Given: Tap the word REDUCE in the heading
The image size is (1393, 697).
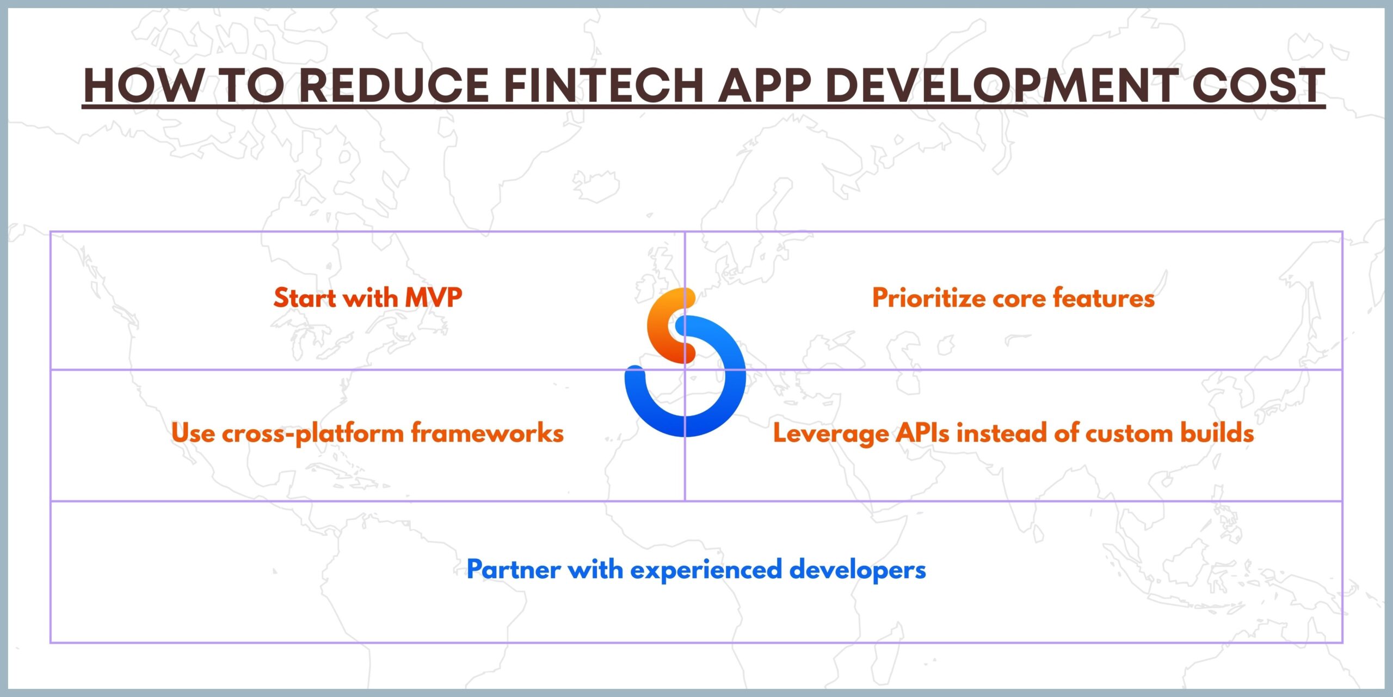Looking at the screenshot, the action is (x=395, y=85).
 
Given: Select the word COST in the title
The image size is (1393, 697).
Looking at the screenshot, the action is (x=1258, y=85).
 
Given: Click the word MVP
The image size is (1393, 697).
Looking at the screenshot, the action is (x=434, y=298).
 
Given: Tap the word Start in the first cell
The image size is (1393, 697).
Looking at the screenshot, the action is (x=304, y=298).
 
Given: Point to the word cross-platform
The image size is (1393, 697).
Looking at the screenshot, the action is (x=312, y=433).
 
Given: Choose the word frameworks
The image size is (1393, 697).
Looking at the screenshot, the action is (x=487, y=433).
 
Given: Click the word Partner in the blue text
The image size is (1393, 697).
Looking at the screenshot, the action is (x=514, y=570).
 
